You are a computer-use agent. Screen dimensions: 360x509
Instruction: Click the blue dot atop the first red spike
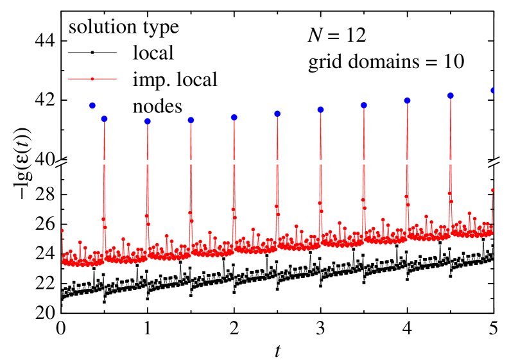pos(104,119)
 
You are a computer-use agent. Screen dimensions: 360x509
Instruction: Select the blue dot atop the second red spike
pos(148,121)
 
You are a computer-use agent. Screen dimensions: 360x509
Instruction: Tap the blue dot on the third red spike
pos(191,120)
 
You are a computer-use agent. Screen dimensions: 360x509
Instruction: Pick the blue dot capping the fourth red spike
pos(234,117)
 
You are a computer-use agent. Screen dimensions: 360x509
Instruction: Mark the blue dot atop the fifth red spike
pos(277,114)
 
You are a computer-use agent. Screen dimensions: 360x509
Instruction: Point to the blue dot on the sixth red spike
pos(320,110)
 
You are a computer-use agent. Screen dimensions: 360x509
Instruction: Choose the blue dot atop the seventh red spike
pos(363,105)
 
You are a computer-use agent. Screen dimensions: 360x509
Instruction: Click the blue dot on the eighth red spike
pos(407,101)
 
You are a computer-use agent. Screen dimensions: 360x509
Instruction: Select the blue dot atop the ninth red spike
pos(451,96)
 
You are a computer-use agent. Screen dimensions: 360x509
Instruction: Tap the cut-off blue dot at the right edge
pos(492,90)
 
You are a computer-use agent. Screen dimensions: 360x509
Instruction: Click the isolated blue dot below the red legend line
pos(92,105)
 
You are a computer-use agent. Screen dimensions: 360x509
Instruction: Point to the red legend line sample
pos(92,79)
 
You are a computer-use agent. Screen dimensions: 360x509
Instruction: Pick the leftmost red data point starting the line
pos(62,230)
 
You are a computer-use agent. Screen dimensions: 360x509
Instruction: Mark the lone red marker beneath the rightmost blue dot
pos(492,190)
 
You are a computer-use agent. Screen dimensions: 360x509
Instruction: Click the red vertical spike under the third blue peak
pos(191,173)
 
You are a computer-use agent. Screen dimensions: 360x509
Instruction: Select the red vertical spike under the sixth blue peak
pos(320,167)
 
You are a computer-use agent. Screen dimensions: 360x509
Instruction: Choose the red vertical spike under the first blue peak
pos(104,173)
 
